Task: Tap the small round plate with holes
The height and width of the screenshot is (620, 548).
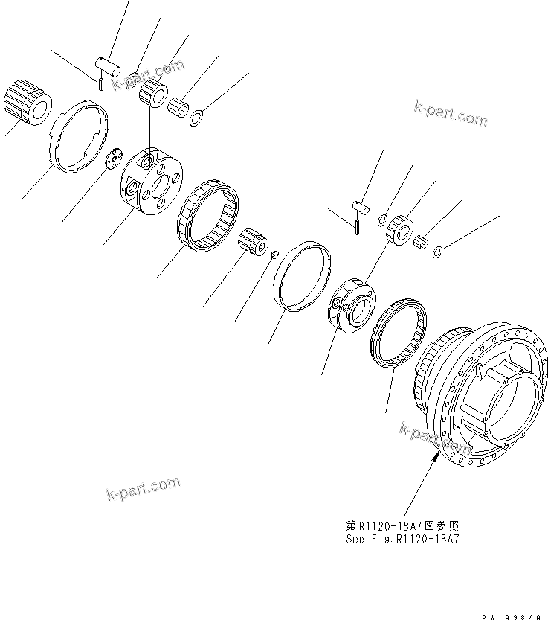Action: click(x=114, y=159)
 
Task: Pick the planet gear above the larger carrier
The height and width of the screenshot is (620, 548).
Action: click(x=155, y=95)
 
